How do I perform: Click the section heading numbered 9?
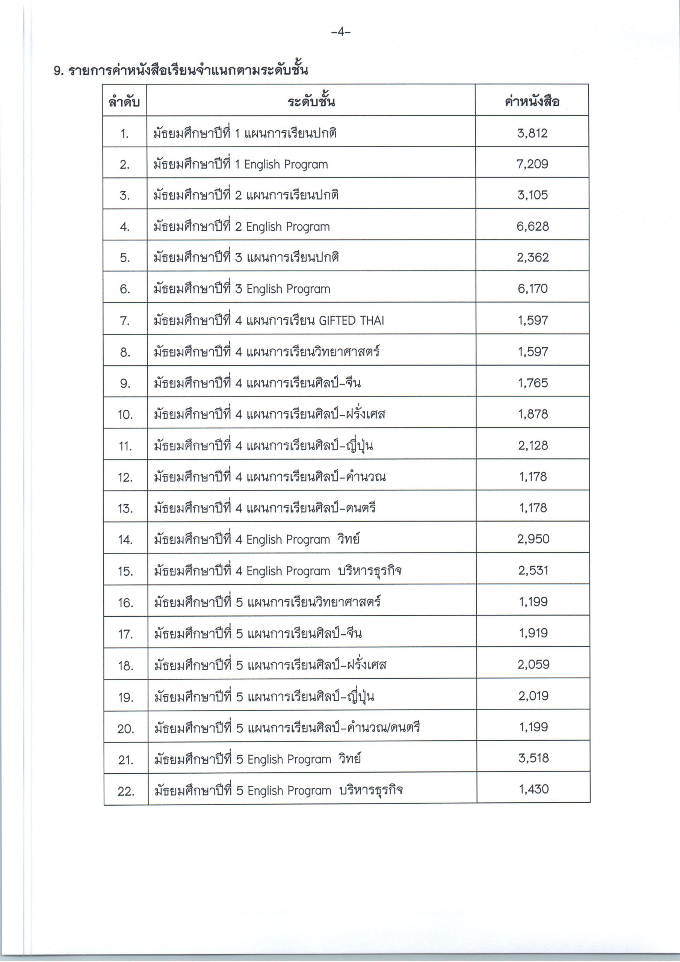pos(181,70)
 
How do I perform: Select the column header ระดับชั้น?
pos(311,101)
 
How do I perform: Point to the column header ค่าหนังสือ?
pos(532,101)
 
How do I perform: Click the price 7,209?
pos(532,164)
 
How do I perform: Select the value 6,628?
pos(532,226)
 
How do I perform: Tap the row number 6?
pos(125,289)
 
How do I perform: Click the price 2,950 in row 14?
pos(533,539)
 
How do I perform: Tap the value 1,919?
pos(533,633)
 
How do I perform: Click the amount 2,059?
pos(533,664)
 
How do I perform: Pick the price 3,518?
pos(533,758)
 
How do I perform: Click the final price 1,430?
pos(534,790)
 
